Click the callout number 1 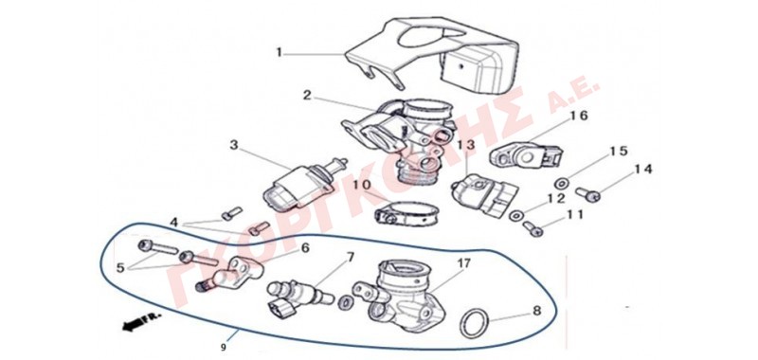tap(279, 53)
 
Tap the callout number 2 tap(307, 95)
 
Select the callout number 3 tap(234, 145)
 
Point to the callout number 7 tap(350, 255)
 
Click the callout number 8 tap(536, 311)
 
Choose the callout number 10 tap(362, 185)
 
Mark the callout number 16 tap(579, 116)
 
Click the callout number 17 tap(464, 263)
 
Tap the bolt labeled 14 tap(587, 194)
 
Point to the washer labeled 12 tap(515, 214)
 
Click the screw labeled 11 tap(532, 227)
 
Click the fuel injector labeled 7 tap(299, 295)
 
